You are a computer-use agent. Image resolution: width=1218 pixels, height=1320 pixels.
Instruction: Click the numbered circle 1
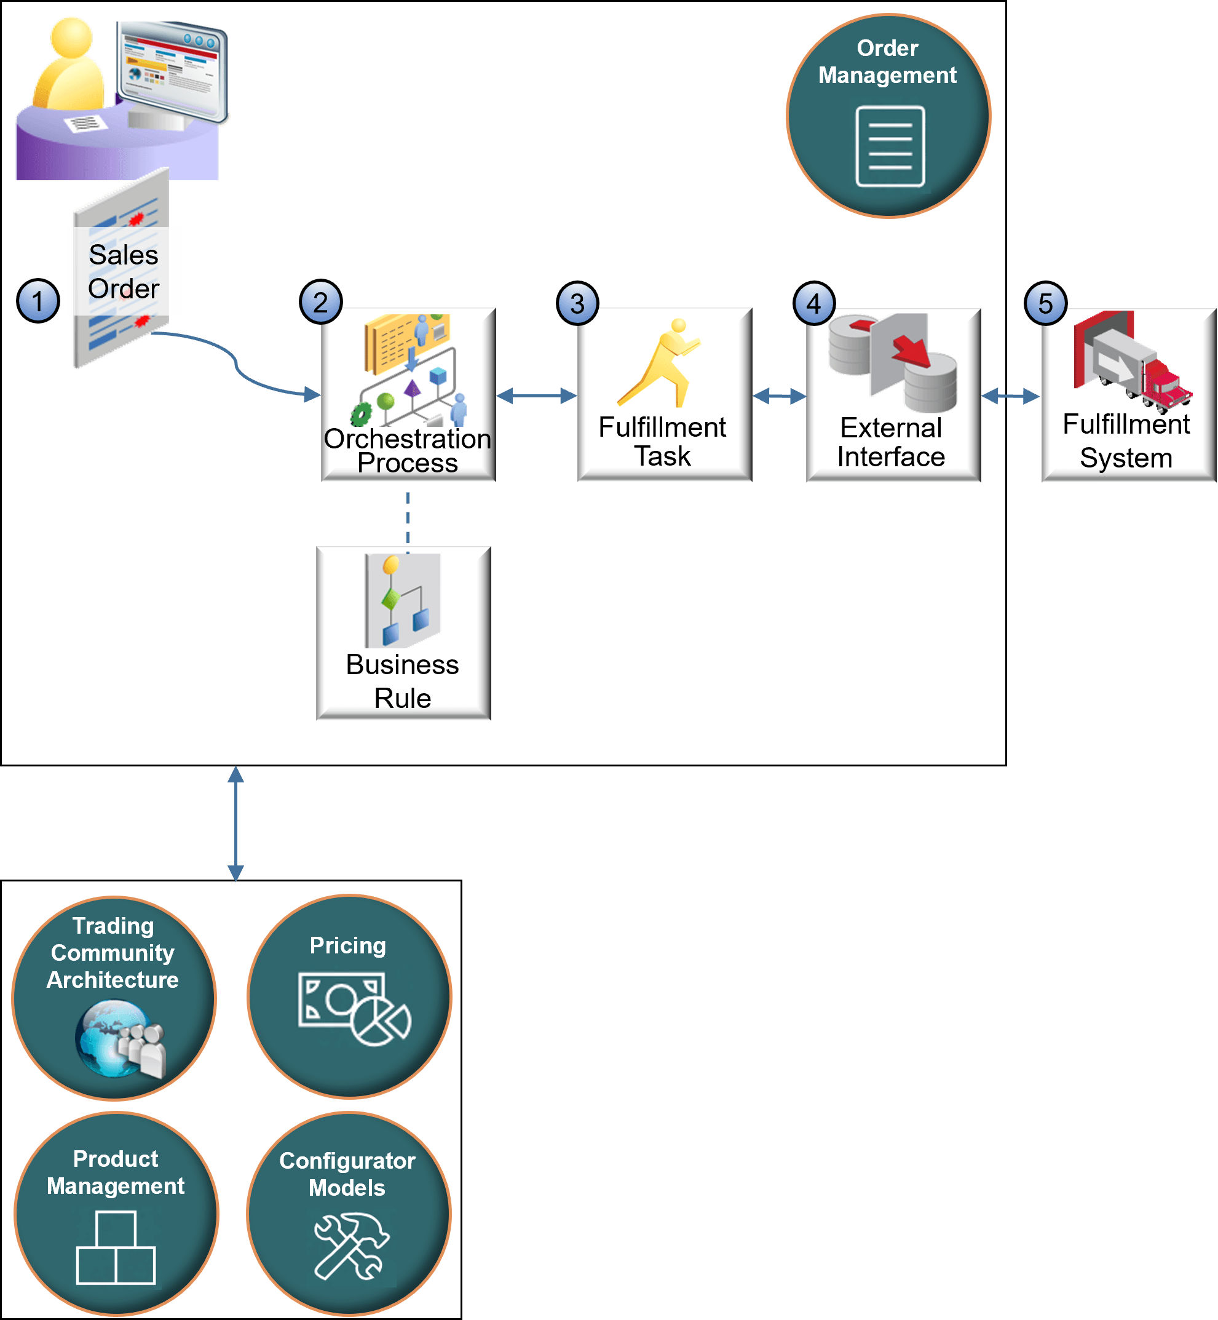pos(38,301)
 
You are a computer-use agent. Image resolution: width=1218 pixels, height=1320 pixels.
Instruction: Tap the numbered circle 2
pos(320,302)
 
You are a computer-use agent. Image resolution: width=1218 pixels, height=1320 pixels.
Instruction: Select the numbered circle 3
pos(577,303)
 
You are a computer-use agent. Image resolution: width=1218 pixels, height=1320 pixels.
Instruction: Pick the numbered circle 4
pos(814,303)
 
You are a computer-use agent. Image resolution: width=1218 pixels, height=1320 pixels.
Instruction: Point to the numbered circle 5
pos(1045,303)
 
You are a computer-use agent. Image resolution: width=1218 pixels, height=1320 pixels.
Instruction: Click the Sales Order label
pos(123,271)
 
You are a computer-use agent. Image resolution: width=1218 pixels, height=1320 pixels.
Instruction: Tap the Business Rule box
pos(403,633)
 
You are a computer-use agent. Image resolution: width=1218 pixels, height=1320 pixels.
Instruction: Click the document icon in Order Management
pos(890,146)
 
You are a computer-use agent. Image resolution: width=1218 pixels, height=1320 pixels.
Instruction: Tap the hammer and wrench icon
pos(351,1246)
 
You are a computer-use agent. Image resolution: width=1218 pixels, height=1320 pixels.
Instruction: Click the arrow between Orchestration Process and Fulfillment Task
pos(536,396)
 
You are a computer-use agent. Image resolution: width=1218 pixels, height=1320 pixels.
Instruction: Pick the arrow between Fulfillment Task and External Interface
pos(779,396)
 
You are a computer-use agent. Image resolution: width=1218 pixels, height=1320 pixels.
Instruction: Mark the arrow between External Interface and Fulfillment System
pos(1010,396)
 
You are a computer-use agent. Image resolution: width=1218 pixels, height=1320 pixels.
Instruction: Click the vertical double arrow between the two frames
pos(235,823)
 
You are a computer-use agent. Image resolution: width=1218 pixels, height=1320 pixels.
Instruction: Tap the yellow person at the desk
pos(69,66)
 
